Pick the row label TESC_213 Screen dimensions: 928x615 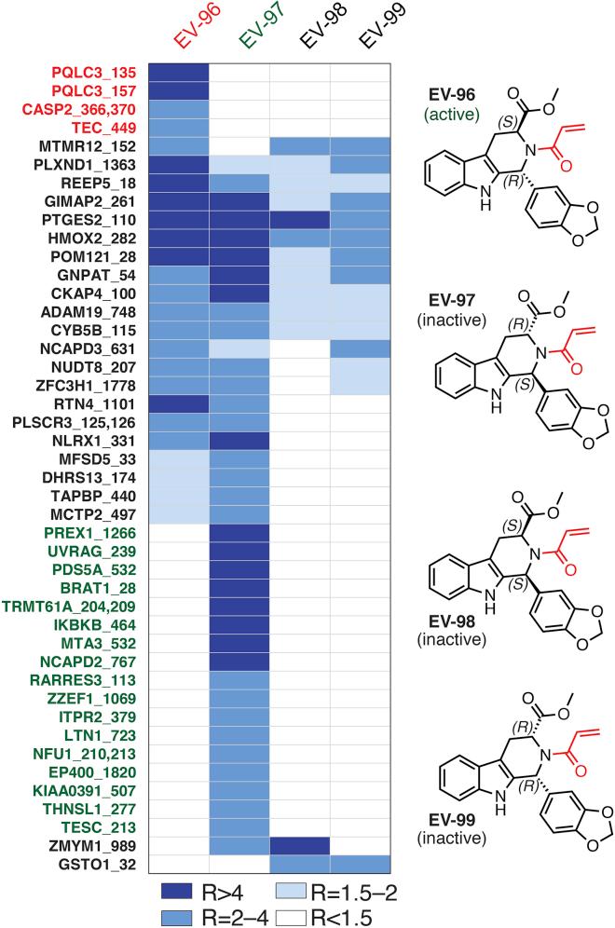tap(107, 828)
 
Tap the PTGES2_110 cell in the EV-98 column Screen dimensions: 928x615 tap(299, 220)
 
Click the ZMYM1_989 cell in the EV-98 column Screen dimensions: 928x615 tap(299, 847)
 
